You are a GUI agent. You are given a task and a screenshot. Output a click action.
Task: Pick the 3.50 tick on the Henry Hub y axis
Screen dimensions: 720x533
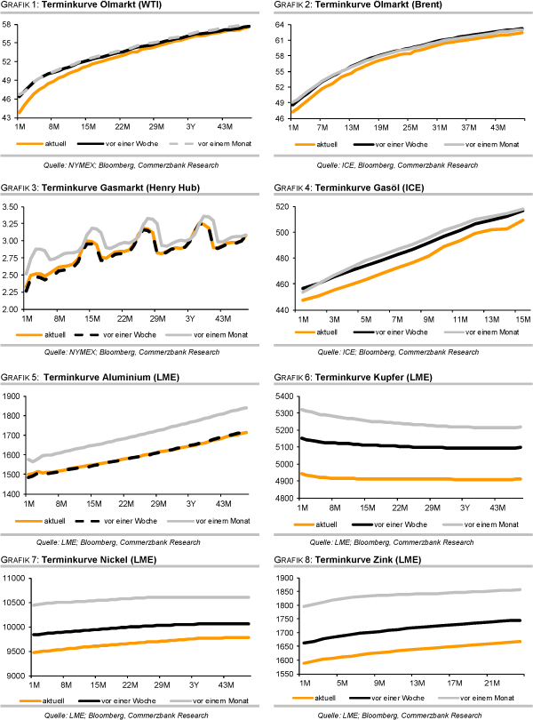[11, 206]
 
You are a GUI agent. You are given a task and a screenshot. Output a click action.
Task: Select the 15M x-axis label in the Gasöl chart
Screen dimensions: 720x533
[522, 317]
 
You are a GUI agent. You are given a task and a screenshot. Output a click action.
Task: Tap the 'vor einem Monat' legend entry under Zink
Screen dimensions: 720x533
[492, 698]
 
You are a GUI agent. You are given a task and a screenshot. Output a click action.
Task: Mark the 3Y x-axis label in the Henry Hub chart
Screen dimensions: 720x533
[189, 317]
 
